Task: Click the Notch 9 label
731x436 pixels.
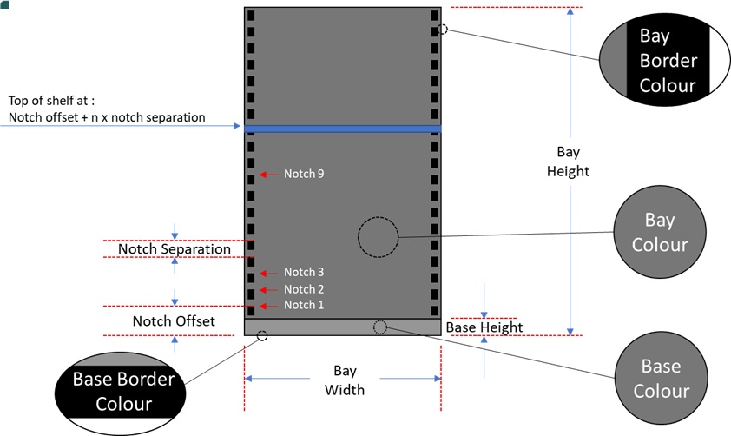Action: (x=304, y=174)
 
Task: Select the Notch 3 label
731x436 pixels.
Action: (x=304, y=273)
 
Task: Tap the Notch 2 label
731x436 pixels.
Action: (x=304, y=289)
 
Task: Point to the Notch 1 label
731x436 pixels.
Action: (x=304, y=305)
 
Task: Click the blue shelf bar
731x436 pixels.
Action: (x=343, y=129)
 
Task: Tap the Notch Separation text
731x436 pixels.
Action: (x=175, y=249)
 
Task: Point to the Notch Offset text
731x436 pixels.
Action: (x=174, y=321)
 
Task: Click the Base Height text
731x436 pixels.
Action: (x=484, y=327)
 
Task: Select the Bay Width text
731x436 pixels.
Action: (x=345, y=380)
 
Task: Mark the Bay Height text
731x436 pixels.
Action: (x=568, y=161)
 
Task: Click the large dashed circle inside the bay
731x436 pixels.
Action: (x=378, y=236)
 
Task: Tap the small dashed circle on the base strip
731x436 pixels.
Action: (x=380, y=327)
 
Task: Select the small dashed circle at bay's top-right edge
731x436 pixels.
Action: (x=443, y=29)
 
